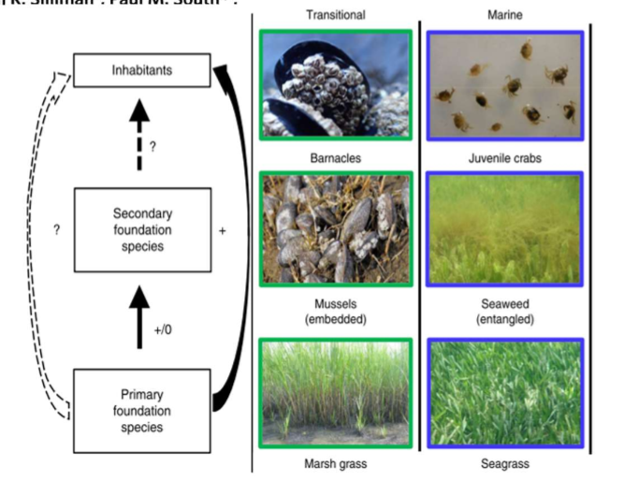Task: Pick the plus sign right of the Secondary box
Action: pyautogui.click(x=222, y=230)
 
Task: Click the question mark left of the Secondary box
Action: pyautogui.click(x=57, y=230)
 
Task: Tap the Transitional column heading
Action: pyautogui.click(x=336, y=15)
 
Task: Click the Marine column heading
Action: pyautogui.click(x=504, y=15)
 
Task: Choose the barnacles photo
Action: pyautogui.click(x=336, y=84)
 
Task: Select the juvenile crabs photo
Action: pyautogui.click(x=504, y=84)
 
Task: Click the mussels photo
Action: pyautogui.click(x=336, y=228)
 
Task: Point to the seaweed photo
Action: pyautogui.click(x=504, y=228)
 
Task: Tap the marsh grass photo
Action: pyautogui.click(x=336, y=391)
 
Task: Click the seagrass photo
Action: pyautogui.click(x=504, y=391)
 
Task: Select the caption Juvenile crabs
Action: pyautogui.click(x=504, y=158)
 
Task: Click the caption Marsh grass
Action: pyautogui.click(x=336, y=463)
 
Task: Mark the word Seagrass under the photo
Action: pyautogui.click(x=504, y=463)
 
